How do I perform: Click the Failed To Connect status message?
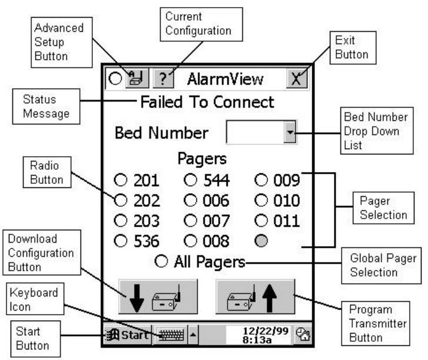click(x=206, y=102)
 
